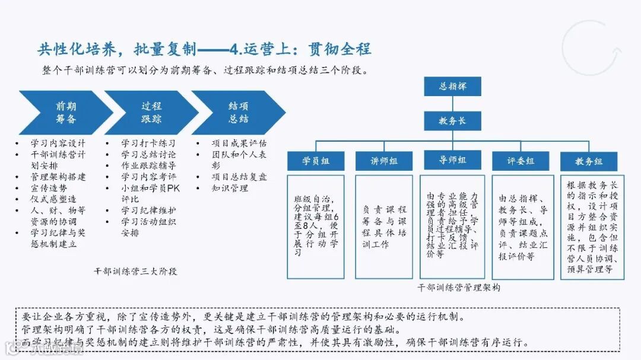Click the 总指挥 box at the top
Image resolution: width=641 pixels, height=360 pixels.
pos(453,87)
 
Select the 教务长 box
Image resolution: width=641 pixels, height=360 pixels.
pos(452,121)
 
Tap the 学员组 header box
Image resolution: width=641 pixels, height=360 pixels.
pos(316,161)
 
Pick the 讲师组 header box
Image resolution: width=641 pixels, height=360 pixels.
pos(384,161)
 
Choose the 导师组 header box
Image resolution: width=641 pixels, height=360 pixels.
pos(452,161)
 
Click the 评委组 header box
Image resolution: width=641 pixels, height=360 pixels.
pos(521,161)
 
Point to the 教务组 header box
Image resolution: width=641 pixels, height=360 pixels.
pos(589,161)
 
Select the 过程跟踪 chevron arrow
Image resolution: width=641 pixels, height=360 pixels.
pos(151,113)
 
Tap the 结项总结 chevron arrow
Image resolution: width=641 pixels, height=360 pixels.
pos(237,113)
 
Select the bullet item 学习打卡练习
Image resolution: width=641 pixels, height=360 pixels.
pos(148,144)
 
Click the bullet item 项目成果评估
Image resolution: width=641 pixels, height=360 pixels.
pos(239,144)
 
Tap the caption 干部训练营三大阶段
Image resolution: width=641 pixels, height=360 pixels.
pos(135,271)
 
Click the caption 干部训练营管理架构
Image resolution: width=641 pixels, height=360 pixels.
pos(459,287)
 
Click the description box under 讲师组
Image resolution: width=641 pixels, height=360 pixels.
pos(384,227)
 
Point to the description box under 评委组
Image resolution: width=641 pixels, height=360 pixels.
pos(521,227)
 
